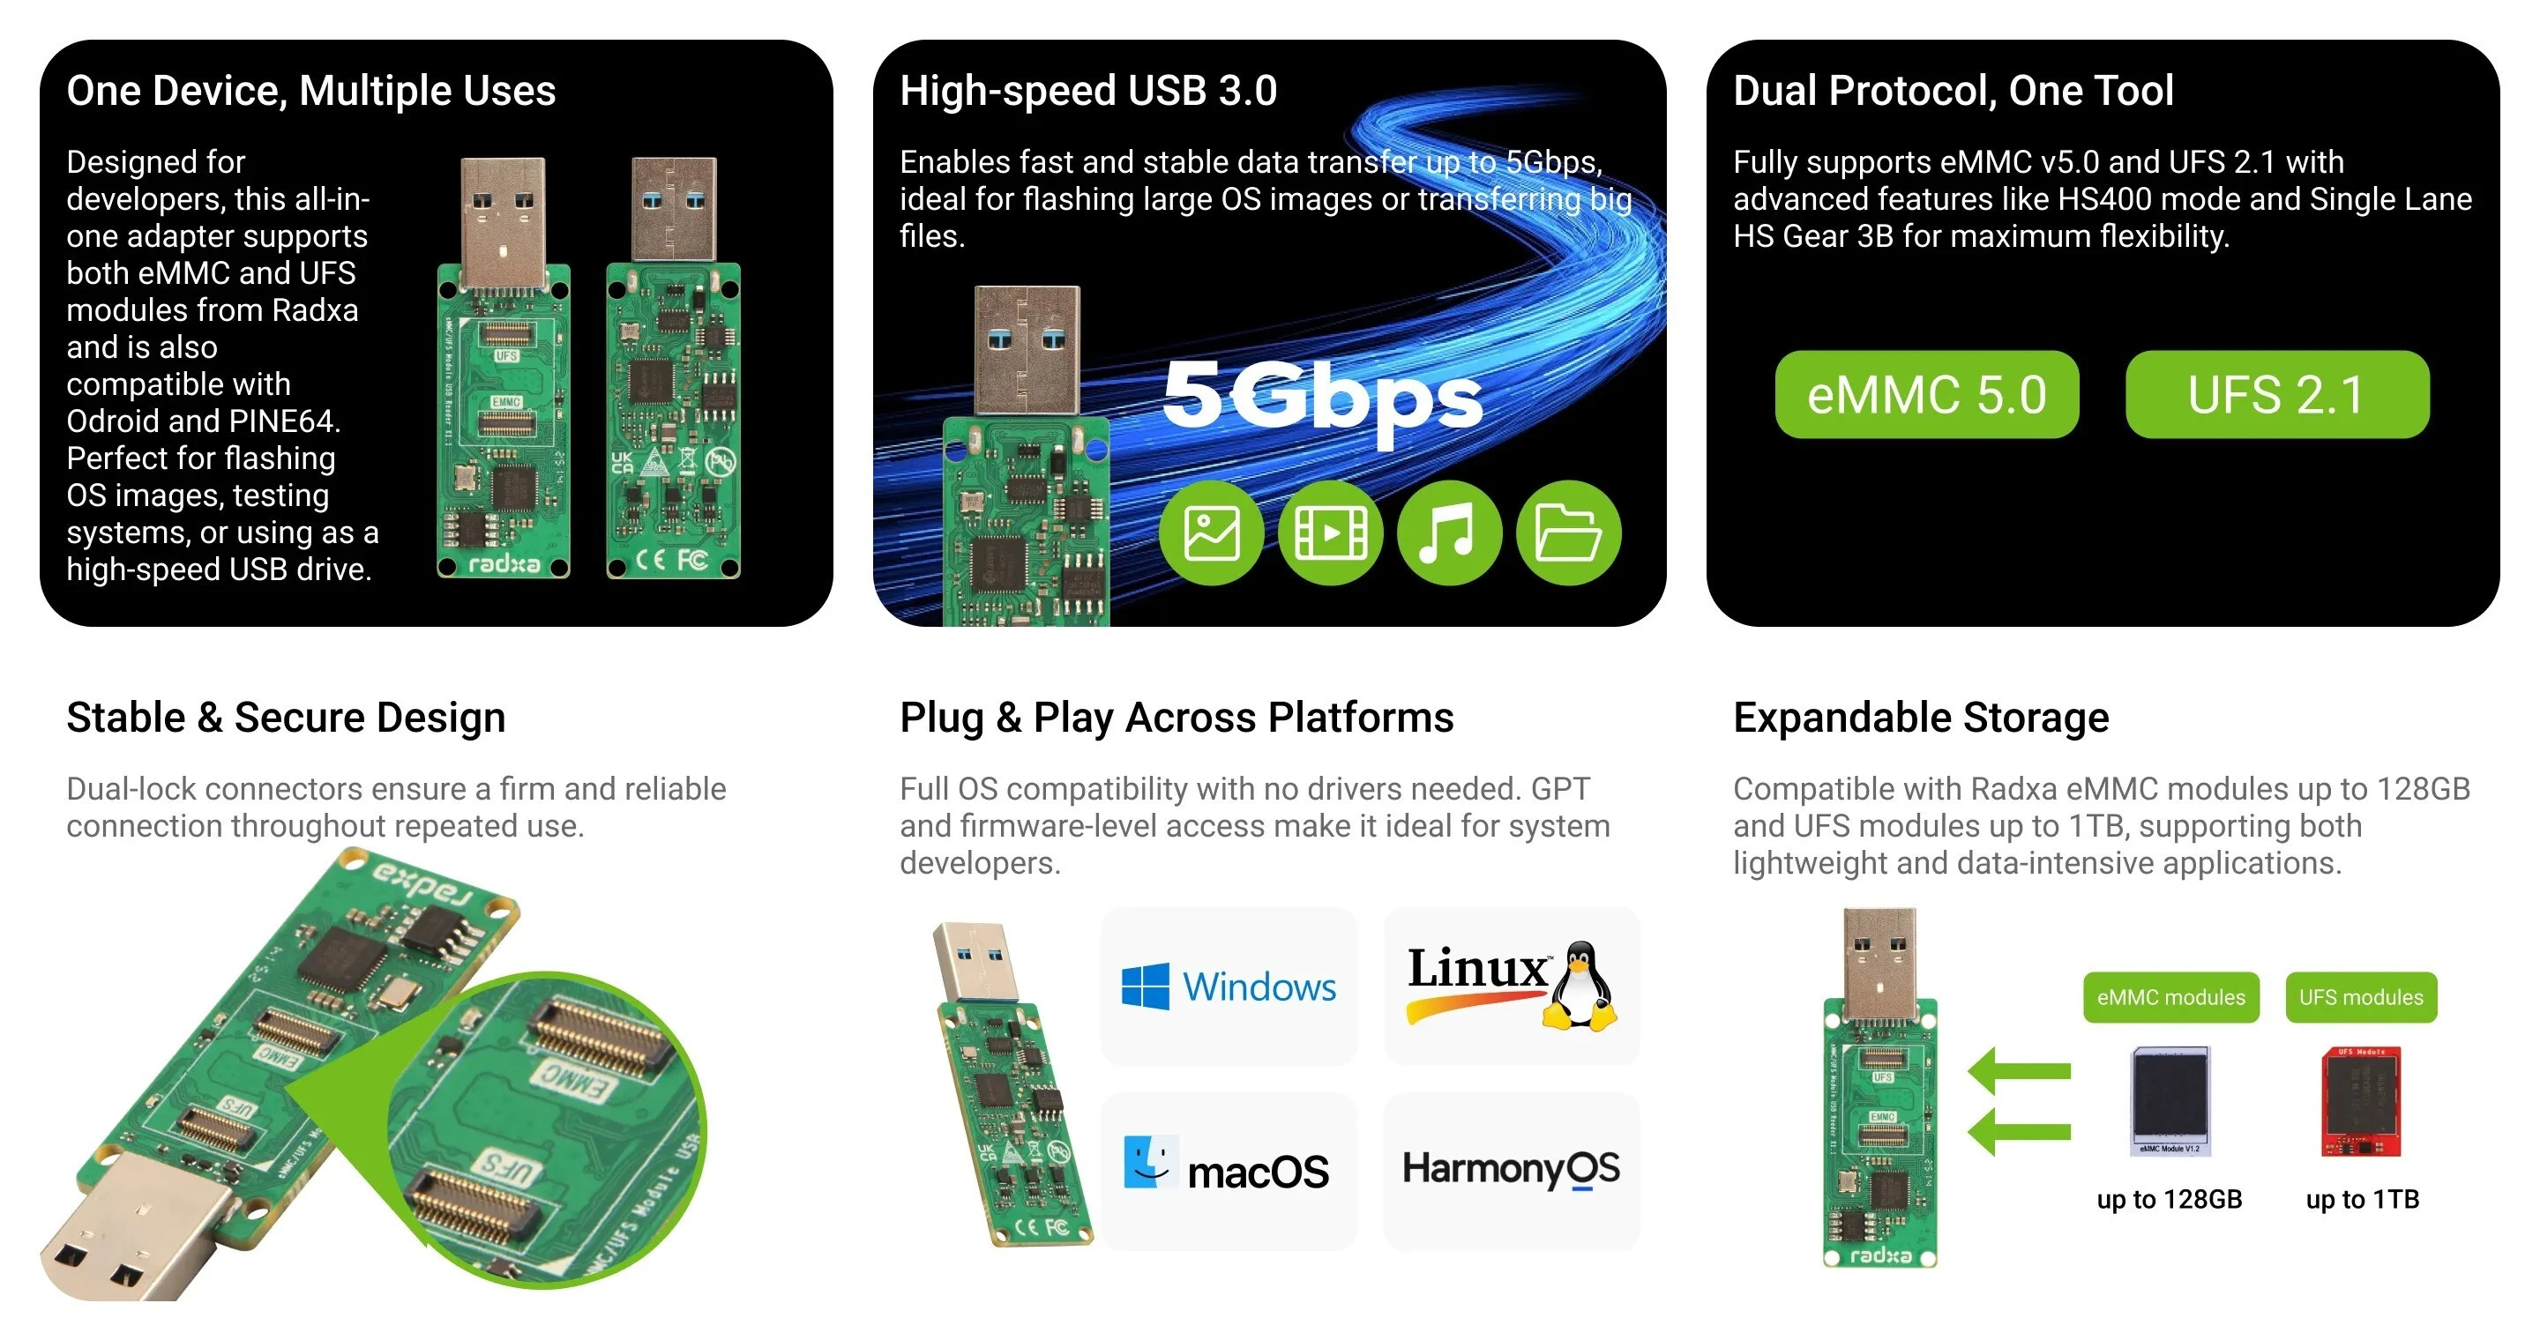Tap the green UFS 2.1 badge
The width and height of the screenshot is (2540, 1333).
2276,394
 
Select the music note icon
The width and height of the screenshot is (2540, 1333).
1448,533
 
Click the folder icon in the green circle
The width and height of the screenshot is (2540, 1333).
1568,533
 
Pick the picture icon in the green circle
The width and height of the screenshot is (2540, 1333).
1211,533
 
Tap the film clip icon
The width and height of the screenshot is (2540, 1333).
1330,533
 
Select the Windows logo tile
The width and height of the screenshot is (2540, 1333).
1228,986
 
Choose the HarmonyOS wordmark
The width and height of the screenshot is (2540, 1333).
1511,1169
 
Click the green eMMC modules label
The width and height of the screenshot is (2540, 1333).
2170,997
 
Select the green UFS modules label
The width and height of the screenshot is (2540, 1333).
2361,997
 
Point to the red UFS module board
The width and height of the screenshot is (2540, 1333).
2361,1100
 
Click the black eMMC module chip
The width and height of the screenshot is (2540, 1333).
2170,1098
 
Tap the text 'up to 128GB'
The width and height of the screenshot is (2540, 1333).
2170,1199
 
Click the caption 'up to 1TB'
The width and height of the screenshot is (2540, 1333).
2362,1199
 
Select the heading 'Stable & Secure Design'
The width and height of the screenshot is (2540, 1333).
286,717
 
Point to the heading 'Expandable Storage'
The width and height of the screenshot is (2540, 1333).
1921,717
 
